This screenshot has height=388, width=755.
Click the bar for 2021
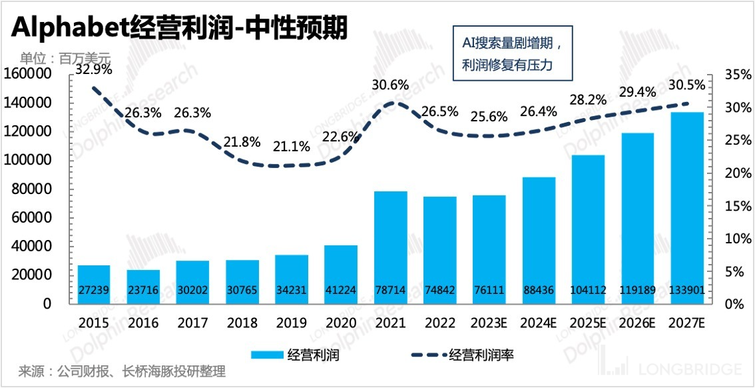coord(391,247)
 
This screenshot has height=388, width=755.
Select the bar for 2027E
coord(687,207)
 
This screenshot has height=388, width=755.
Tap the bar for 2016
coord(144,286)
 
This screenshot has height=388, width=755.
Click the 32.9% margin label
coord(93,68)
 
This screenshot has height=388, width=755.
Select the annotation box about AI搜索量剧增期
coord(512,53)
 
